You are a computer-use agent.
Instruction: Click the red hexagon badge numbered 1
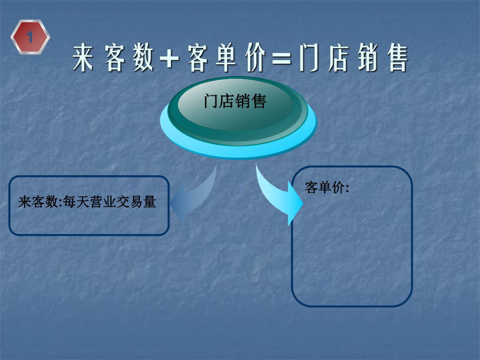[30, 37]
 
